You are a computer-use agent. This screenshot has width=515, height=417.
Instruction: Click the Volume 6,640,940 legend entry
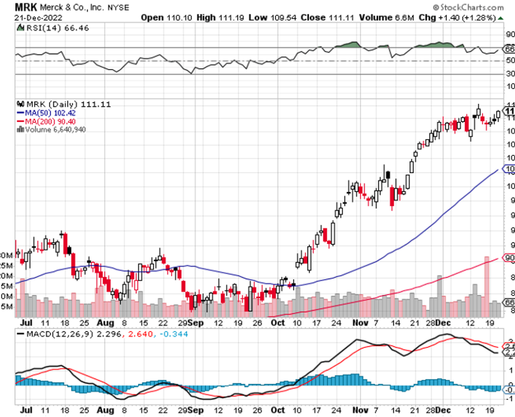pos(54,129)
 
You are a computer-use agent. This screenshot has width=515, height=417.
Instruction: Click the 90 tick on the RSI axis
pos(508,34)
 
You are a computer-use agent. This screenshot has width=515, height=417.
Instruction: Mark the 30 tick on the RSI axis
pos(508,74)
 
